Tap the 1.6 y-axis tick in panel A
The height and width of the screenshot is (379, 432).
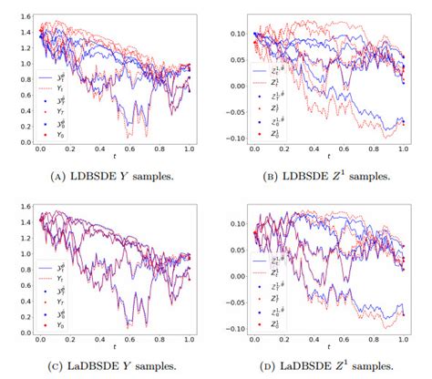click(20, 16)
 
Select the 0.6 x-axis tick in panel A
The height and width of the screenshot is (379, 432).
click(129, 150)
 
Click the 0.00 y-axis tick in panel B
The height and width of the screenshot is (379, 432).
click(234, 87)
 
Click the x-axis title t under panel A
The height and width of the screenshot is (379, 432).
click(114, 159)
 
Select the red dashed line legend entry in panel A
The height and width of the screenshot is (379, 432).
click(46, 87)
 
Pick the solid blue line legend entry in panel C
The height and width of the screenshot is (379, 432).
click(46, 268)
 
